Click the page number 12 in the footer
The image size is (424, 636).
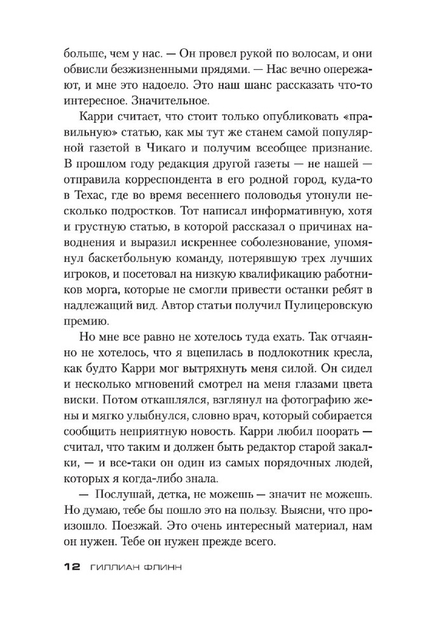click(71, 567)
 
